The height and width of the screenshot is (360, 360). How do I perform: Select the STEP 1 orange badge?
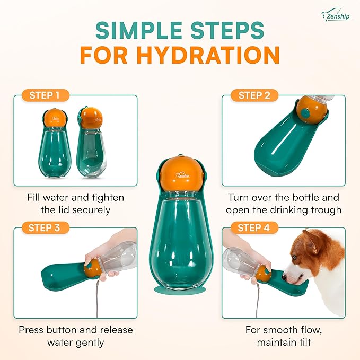click(45, 95)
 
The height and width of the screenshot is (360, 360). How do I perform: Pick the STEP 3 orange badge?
click(45, 228)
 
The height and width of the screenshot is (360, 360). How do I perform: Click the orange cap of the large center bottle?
click(180, 177)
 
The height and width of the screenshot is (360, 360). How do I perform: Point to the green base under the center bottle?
click(180, 288)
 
